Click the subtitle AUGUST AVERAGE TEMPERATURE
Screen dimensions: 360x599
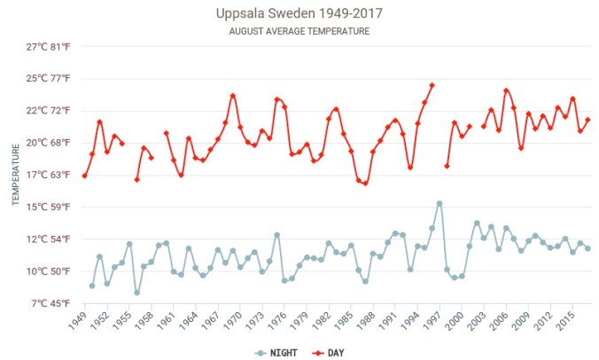click(299, 31)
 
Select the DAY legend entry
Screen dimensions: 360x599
click(328, 352)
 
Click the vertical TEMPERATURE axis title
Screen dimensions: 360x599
click(16, 175)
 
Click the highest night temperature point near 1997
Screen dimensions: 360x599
click(440, 203)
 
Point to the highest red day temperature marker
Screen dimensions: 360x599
click(432, 85)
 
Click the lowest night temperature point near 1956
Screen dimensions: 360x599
click(137, 293)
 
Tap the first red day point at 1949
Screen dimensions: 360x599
click(84, 176)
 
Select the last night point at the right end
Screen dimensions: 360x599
click(587, 248)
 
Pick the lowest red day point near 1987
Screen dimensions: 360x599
click(365, 184)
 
